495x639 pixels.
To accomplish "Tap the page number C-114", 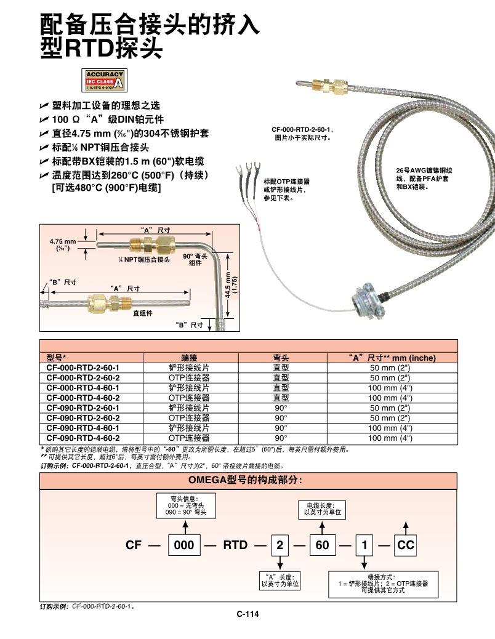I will [x=247, y=613].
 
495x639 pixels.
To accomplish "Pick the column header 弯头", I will [x=281, y=358].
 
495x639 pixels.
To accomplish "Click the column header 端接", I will [x=189, y=358].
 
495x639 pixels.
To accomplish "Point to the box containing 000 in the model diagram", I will [x=184, y=545].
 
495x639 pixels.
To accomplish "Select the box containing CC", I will [x=406, y=545].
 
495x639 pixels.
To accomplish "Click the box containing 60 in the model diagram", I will [x=323, y=545].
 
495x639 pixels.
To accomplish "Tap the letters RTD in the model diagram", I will [x=235, y=545].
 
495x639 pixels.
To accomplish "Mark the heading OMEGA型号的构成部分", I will [x=248, y=480].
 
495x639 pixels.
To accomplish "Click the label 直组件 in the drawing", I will [x=143, y=313].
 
